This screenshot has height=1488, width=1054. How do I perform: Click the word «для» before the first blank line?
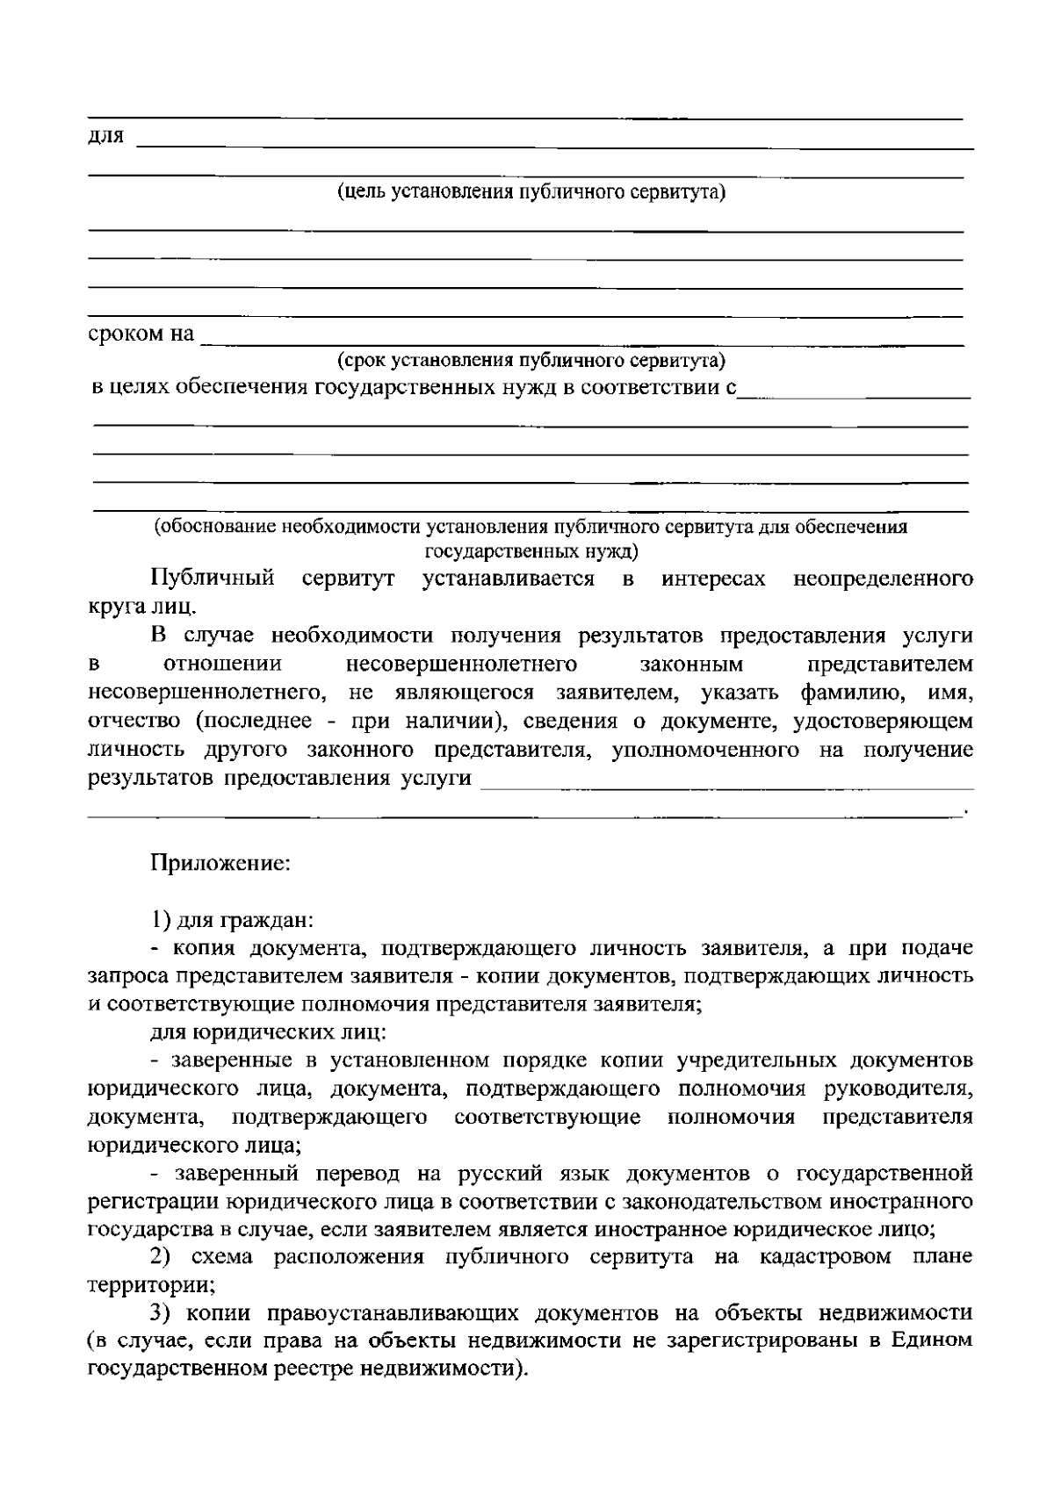pyautogui.click(x=106, y=137)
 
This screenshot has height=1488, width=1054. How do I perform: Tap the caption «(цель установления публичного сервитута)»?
pyautogui.click(x=531, y=192)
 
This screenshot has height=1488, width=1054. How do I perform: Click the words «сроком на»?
pyautogui.click(x=141, y=334)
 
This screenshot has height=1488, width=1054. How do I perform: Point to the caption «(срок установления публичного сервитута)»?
pyautogui.click(x=531, y=360)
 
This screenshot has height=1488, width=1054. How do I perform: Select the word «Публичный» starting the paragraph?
pyautogui.click(x=213, y=579)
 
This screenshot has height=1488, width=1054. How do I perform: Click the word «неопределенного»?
pyautogui.click(x=883, y=579)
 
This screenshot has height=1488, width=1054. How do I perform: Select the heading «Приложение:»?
pyautogui.click(x=220, y=863)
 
